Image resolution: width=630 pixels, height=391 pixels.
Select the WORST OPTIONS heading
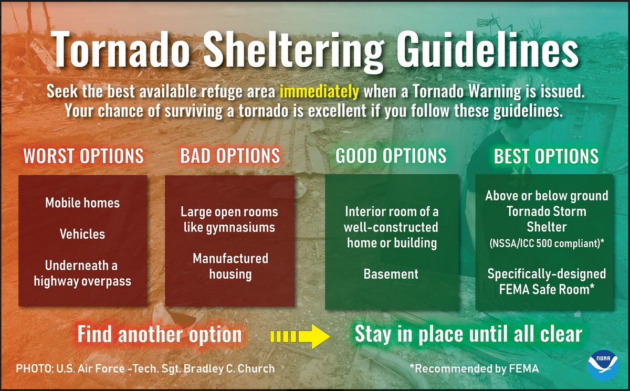point(83,156)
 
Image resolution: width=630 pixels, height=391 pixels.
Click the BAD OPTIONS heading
point(230,156)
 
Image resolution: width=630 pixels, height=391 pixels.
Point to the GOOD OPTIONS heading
point(391,156)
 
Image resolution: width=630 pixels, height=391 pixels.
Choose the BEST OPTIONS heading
point(547,156)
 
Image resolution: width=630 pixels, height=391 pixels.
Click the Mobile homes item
point(82,203)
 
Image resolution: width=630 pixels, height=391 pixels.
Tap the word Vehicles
point(82,234)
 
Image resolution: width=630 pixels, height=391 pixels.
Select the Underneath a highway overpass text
point(82,273)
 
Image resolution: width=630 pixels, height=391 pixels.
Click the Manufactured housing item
point(230,266)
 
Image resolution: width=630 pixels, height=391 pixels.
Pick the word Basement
point(391,273)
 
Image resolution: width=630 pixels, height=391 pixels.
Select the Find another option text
point(160,334)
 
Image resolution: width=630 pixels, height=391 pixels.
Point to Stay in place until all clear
point(469,334)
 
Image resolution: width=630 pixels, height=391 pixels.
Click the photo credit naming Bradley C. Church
point(145,369)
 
